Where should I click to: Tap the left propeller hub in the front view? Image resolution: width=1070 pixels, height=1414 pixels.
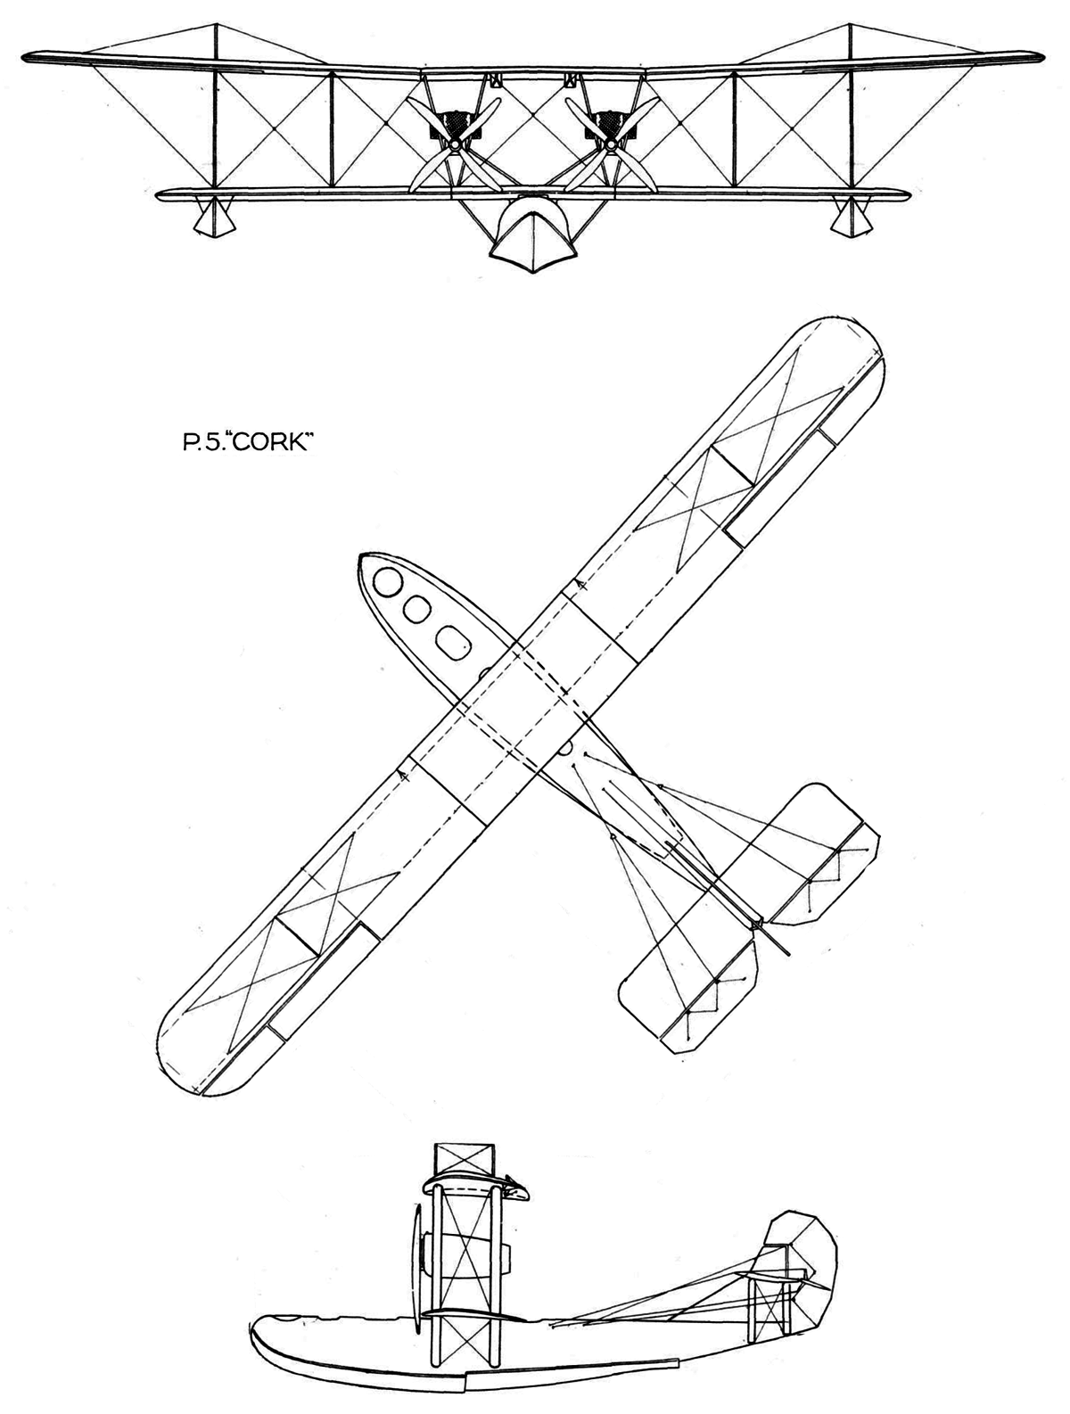(456, 144)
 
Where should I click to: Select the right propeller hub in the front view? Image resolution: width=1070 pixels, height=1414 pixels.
(612, 144)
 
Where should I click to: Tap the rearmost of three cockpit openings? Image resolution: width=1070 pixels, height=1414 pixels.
(451, 638)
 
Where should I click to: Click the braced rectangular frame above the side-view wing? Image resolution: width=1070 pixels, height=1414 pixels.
(462, 1160)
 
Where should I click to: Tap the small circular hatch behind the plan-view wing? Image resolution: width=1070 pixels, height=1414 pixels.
(564, 747)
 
